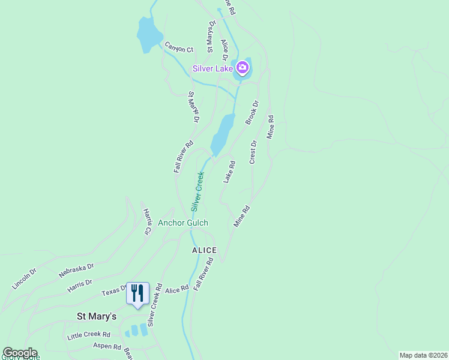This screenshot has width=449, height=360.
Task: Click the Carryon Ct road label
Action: click(179, 49)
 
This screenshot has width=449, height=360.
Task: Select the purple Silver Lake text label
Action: click(212, 68)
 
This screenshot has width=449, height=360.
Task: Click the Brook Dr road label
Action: click(252, 113)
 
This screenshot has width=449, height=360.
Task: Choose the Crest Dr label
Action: click(253, 152)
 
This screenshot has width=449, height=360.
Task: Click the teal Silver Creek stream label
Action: click(197, 191)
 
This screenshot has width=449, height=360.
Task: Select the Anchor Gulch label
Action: click(183, 223)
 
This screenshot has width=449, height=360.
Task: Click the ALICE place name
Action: click(204, 250)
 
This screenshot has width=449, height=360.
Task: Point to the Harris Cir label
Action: click(147, 221)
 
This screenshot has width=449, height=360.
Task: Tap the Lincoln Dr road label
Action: click(24, 279)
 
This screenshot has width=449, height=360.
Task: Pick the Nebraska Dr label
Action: click(76, 270)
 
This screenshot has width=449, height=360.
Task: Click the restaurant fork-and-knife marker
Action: click(137, 293)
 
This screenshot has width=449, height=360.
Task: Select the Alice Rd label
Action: click(176, 289)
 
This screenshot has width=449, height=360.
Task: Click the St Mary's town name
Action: click(97, 316)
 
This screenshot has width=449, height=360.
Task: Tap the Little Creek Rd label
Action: click(89, 335)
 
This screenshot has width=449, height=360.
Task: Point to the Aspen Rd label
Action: click(107, 347)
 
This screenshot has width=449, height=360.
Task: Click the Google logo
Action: click(20, 353)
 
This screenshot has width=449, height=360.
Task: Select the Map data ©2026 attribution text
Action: click(423, 355)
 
